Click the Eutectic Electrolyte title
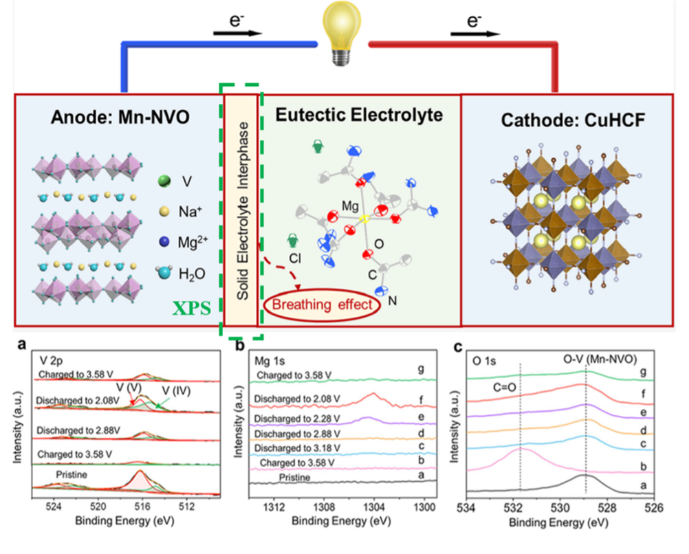pyautogui.click(x=359, y=114)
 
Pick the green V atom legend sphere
pyautogui.click(x=162, y=181)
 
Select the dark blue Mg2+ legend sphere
pyautogui.click(x=162, y=242)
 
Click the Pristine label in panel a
pyautogui.click(x=76, y=474)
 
